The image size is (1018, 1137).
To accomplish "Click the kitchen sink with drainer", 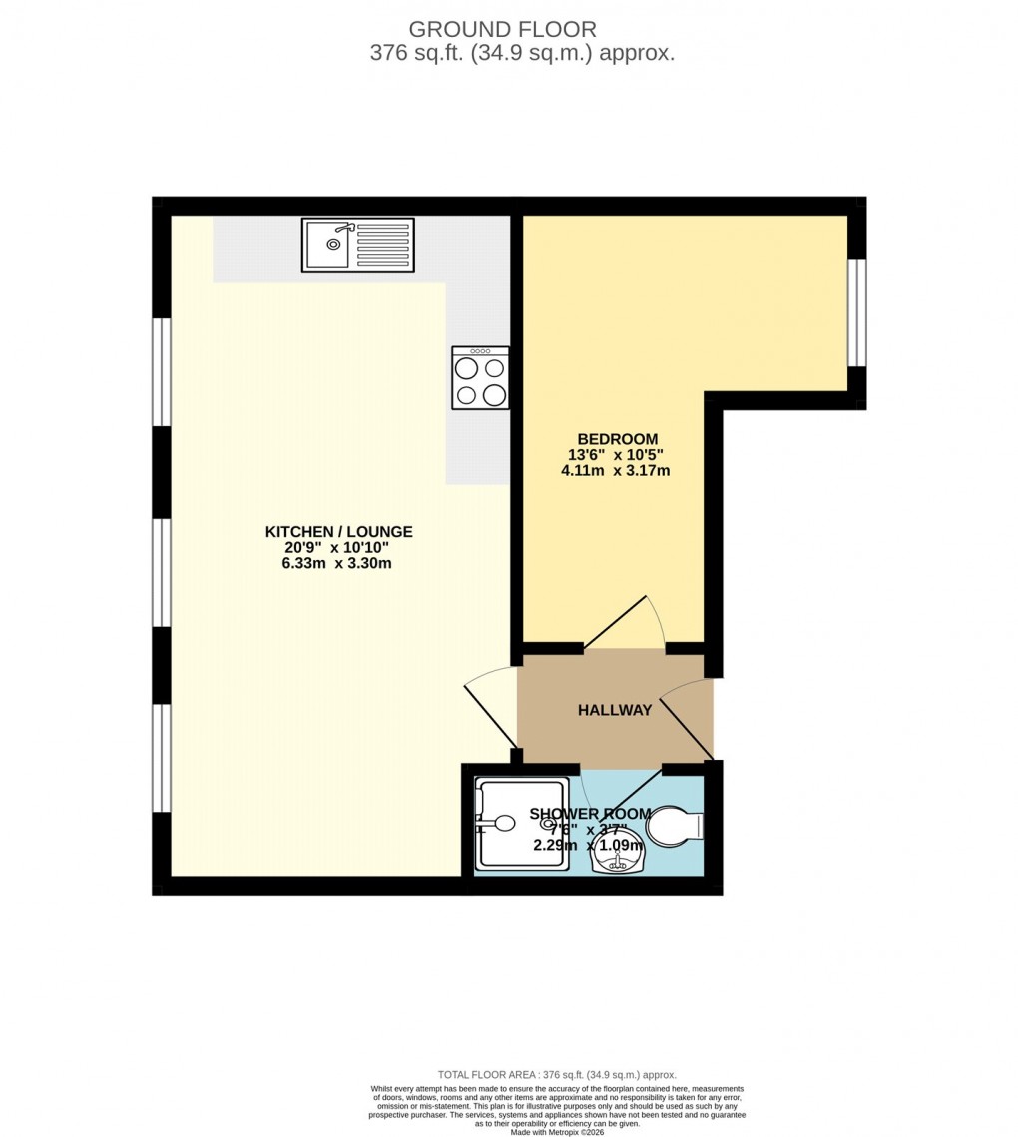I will click(x=357, y=245).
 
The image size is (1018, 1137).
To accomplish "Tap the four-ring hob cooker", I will click(x=480, y=377).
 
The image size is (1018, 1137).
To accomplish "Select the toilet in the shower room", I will click(x=674, y=827).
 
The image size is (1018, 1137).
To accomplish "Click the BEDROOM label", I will click(x=617, y=439).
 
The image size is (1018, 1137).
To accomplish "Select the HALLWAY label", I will click(x=615, y=710).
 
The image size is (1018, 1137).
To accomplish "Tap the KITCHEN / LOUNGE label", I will click(x=338, y=532).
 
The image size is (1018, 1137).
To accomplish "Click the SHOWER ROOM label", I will click(x=590, y=814).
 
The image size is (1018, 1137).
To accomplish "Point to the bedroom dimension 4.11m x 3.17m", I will click(x=615, y=470).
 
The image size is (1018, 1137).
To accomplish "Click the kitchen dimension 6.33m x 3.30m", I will click(x=336, y=563).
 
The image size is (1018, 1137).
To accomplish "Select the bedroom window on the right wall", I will click(x=855, y=312).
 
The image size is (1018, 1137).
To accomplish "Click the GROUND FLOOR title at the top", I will click(x=522, y=30).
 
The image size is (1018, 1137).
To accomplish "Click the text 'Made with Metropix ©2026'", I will click(x=558, y=1132).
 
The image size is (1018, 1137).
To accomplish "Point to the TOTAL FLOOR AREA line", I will click(x=558, y=1075).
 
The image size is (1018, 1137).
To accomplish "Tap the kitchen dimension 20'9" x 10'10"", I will click(x=338, y=548).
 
